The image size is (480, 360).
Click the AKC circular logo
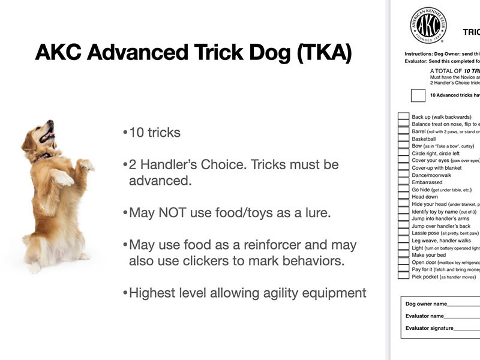click(x=428, y=26)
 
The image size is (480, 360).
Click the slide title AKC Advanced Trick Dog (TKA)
click(x=193, y=53)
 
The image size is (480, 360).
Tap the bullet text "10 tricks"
click(x=154, y=132)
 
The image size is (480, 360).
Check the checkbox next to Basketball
click(x=403, y=139)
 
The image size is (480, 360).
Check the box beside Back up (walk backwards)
click(x=403, y=117)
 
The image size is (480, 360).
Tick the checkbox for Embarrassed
click(x=403, y=182)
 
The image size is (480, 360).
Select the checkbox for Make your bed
click(x=403, y=254)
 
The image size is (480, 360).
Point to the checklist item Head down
click(x=425, y=197)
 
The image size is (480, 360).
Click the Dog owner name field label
click(x=425, y=304)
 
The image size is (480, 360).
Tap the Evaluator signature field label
click(x=429, y=328)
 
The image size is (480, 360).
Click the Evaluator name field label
click(x=425, y=316)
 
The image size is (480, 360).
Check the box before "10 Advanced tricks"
click(x=418, y=95)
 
